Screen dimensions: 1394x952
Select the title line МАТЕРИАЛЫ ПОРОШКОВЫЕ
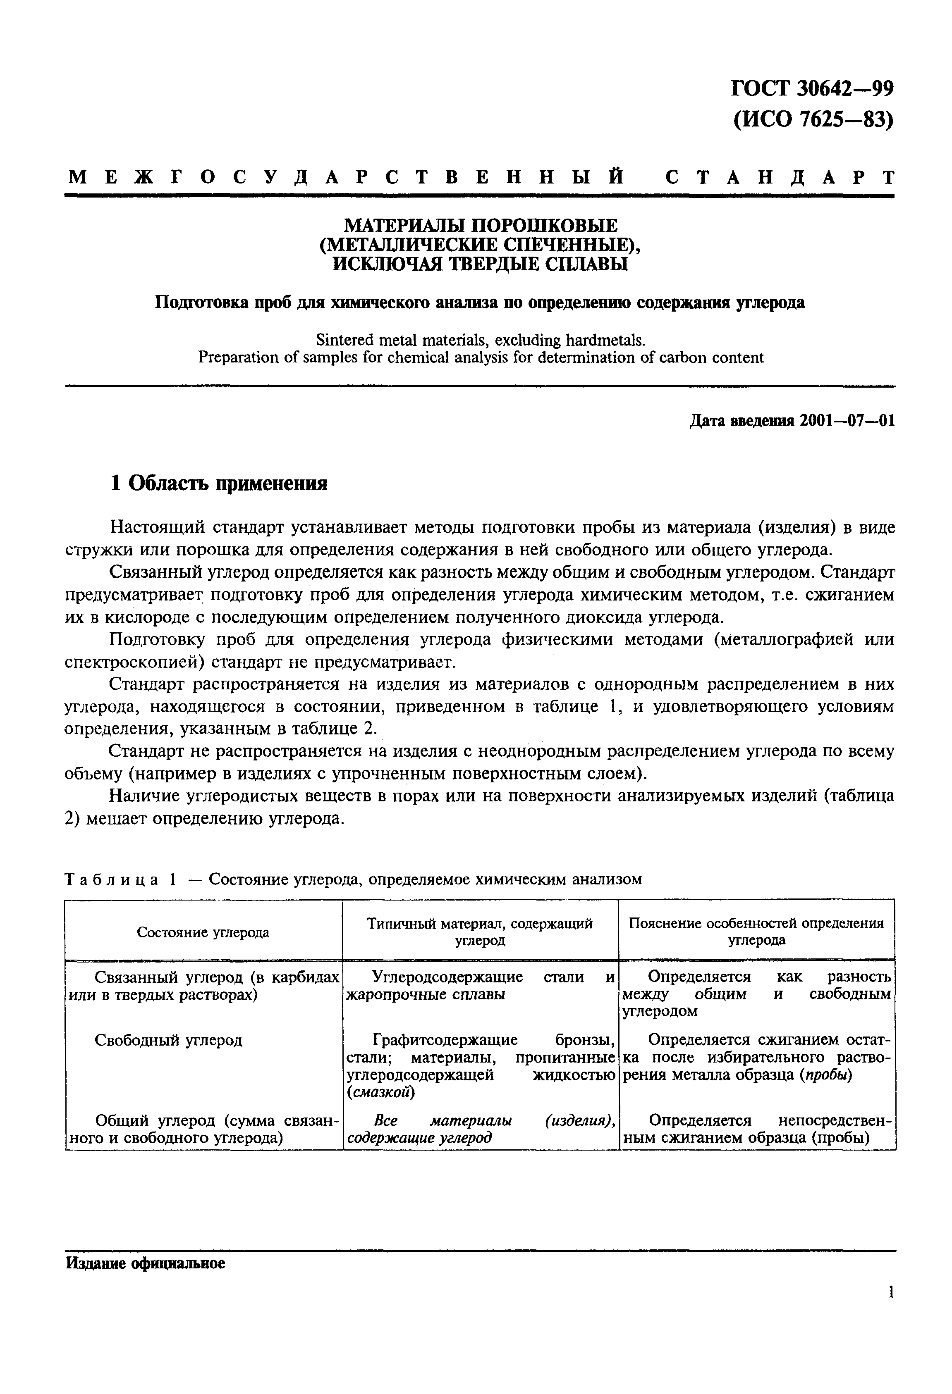(x=480, y=226)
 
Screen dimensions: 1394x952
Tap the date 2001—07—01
(x=847, y=421)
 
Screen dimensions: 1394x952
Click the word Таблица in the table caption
(x=112, y=879)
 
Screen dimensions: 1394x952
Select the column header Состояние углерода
(x=203, y=932)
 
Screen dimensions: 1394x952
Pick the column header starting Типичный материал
(x=480, y=932)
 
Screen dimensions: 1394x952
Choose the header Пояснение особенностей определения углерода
(x=756, y=932)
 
